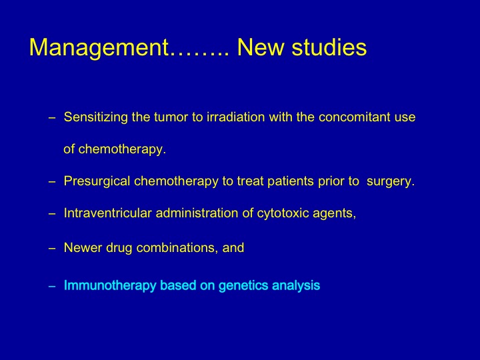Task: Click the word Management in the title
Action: pos(99,48)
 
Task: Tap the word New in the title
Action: pos(261,47)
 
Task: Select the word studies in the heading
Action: pos(329,47)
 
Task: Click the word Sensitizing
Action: pos(95,117)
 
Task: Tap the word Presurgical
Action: pos(97,181)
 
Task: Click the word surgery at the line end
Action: pos(390,182)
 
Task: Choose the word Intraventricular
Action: pos(108,213)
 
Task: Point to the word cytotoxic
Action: pos(283,214)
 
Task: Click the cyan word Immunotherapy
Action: pos(110,285)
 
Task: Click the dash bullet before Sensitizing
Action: pos(52,118)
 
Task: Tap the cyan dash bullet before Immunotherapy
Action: pos(52,287)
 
